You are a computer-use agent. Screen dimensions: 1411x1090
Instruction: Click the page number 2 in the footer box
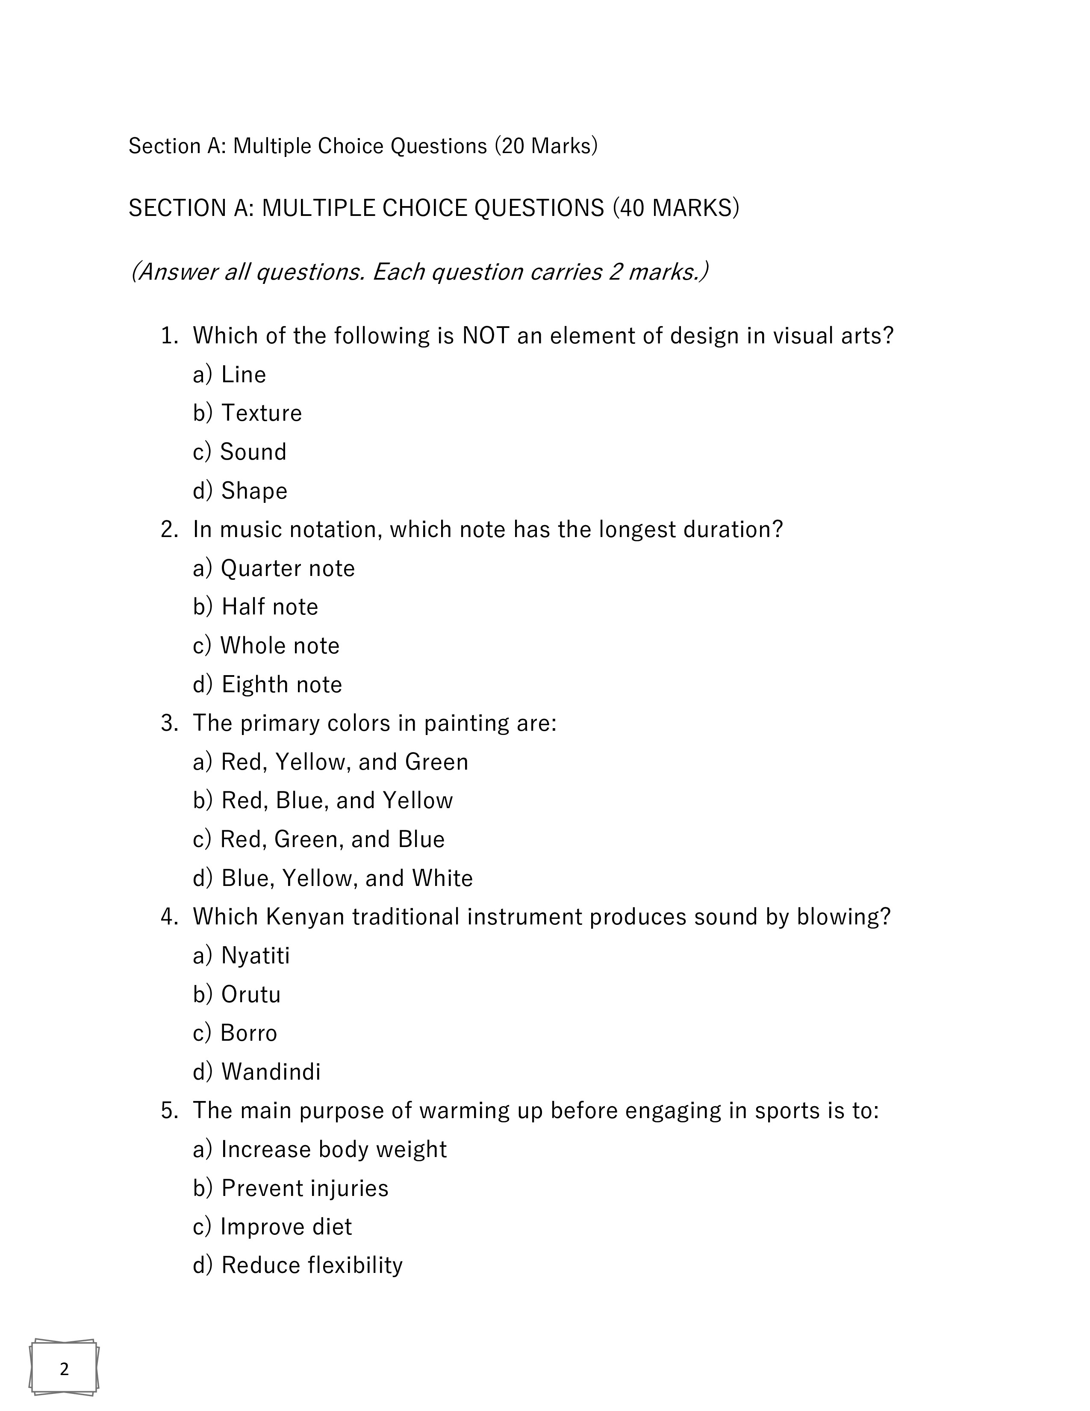(x=64, y=1368)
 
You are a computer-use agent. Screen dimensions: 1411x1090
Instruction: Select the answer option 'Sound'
(x=253, y=452)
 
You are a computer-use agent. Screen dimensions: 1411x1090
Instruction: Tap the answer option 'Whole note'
(x=279, y=645)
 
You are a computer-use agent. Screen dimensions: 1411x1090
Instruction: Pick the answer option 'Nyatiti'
(x=255, y=956)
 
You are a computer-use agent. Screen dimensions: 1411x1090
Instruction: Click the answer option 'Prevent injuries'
(x=304, y=1188)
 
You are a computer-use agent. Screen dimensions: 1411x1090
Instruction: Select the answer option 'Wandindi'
(x=271, y=1072)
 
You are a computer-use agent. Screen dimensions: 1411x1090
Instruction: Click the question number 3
(x=169, y=723)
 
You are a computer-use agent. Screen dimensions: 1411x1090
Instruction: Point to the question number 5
(x=169, y=1110)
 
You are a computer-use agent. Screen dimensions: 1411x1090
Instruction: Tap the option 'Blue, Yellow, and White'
(x=347, y=878)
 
